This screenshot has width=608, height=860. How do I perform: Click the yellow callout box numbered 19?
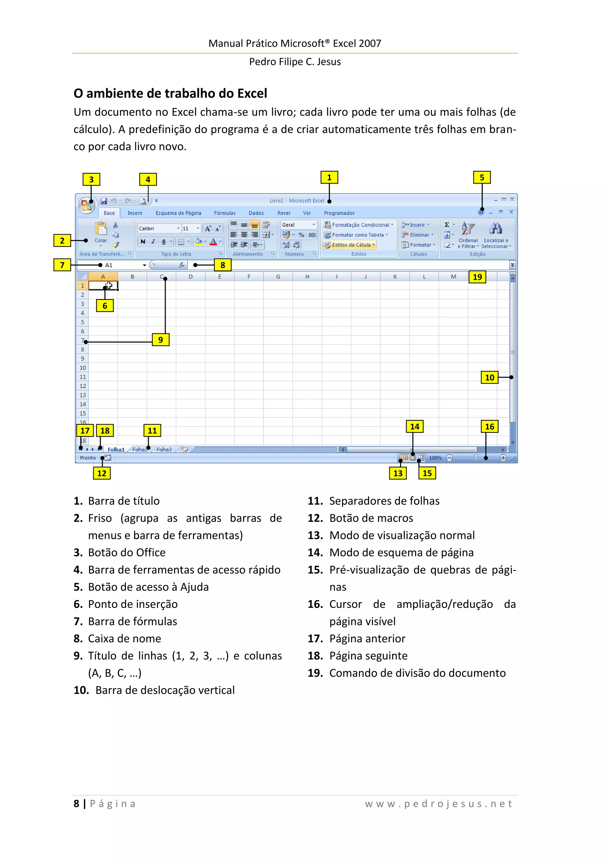477,277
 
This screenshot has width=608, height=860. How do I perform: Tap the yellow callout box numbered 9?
160,340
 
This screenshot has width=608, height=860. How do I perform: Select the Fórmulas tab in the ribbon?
224,213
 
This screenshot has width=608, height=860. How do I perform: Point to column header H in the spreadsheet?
307,277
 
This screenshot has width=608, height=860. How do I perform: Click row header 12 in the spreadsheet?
83,386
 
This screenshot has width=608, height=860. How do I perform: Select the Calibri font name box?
156,229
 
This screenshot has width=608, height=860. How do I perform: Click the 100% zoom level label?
435,458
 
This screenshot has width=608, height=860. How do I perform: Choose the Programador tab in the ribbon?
339,213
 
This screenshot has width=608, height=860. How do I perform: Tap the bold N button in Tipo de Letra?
143,242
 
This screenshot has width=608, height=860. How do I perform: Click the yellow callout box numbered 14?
414,426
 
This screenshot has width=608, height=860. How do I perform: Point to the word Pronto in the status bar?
88,458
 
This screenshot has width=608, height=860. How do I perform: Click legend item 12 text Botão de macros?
371,518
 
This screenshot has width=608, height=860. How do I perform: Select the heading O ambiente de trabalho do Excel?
170,93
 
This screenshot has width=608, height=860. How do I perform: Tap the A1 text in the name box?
109,265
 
